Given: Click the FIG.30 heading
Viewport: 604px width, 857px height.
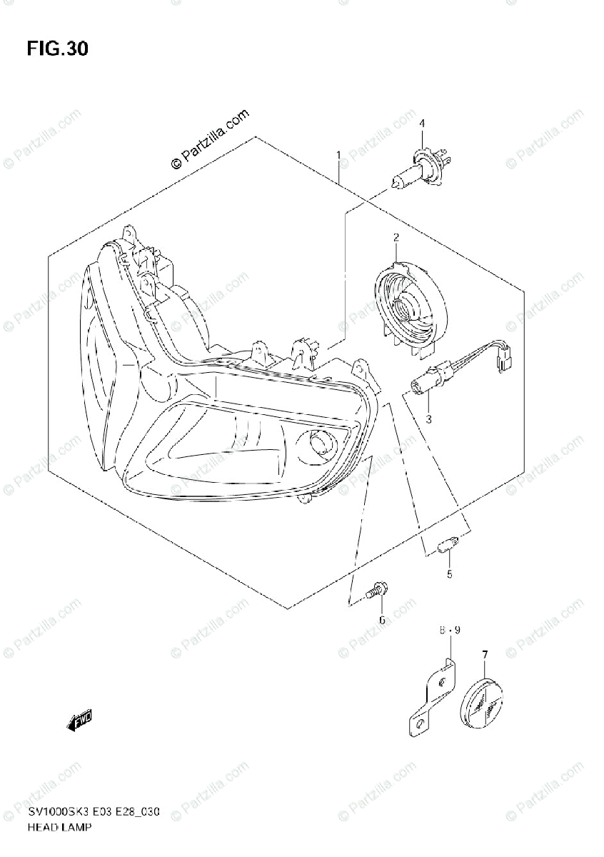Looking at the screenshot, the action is coord(58,49).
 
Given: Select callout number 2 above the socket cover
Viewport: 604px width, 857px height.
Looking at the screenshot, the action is coord(395,237).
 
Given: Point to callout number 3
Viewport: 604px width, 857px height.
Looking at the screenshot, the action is coord(429,419).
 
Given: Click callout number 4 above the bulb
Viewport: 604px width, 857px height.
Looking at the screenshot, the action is coord(421,124).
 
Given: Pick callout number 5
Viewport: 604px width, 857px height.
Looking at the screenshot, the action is coord(429,573).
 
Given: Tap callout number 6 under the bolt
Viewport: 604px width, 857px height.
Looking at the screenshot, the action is coord(381,619).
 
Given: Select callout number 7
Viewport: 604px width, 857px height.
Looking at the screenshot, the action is coord(485,653).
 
